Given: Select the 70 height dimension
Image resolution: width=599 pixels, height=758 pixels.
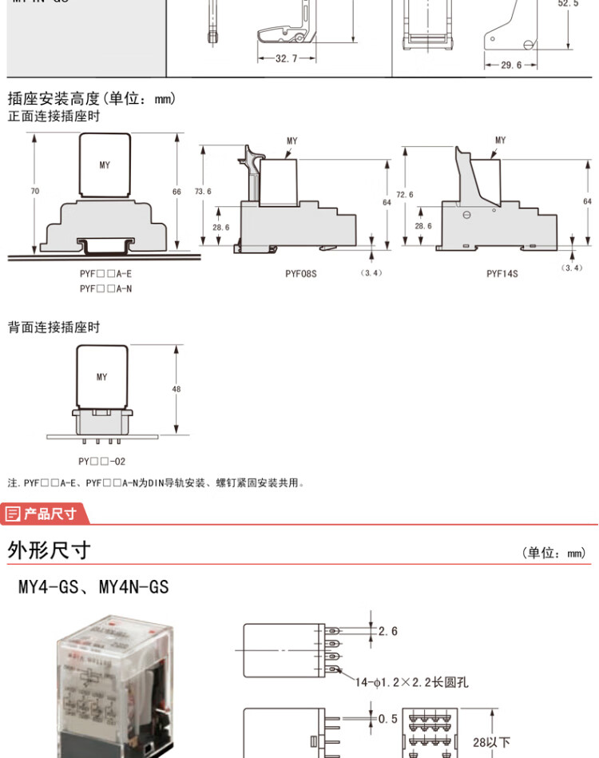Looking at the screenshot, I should [x=34, y=192].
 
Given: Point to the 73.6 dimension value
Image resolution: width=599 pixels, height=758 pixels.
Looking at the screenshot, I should [x=203, y=192].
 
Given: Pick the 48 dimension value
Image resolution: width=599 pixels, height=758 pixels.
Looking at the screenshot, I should [x=177, y=389].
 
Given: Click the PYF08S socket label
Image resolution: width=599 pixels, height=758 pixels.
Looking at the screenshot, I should [x=301, y=273].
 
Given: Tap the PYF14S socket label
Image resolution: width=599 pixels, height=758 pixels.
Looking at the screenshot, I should [x=502, y=273].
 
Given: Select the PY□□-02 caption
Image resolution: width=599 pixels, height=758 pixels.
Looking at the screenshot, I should [x=101, y=462].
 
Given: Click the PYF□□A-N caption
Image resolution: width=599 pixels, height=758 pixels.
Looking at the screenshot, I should [x=105, y=288].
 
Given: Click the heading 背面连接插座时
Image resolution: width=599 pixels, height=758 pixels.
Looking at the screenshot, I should [x=54, y=327].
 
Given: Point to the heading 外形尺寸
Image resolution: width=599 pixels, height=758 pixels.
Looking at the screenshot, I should [x=50, y=550].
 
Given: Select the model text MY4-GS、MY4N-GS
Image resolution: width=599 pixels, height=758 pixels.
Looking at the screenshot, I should [x=93, y=587].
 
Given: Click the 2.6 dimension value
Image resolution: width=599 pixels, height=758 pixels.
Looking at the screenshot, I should [x=387, y=632].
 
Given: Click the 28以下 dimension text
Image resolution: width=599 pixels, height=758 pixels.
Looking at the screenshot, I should [x=491, y=743].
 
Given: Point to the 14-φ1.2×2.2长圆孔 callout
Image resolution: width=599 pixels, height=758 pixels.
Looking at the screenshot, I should [x=411, y=682].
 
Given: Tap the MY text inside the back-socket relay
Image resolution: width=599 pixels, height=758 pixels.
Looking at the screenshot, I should [x=101, y=377].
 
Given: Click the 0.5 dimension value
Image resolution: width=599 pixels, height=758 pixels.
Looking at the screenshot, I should [x=387, y=719].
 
